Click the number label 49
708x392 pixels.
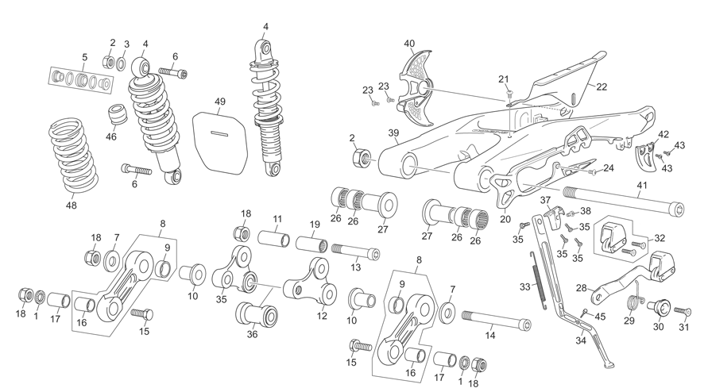coord(220,102)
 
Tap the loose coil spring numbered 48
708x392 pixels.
coord(74,154)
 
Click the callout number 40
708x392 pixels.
coord(409,44)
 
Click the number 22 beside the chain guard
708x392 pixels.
coord(602,87)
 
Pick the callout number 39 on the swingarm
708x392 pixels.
coord(394,133)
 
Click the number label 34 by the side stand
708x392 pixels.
coord(581,340)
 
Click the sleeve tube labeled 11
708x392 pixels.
coord(274,238)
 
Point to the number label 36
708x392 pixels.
coord(252,334)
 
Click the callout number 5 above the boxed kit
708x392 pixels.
coord(84,57)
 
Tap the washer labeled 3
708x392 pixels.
coord(121,63)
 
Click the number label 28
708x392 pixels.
coord(581,288)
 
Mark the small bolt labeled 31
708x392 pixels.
coord(683,311)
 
